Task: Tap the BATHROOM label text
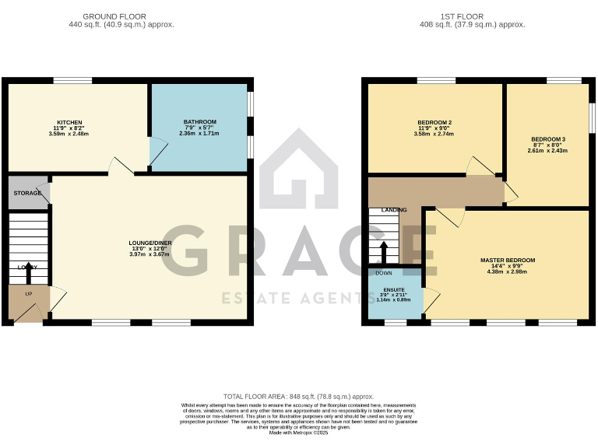pos(199,123)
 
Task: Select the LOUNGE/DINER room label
pos(150,243)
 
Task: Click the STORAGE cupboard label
pos(27,192)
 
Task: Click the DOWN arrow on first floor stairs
pos(383,253)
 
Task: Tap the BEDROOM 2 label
pos(435,123)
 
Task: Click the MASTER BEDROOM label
pos(507,260)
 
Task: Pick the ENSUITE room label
pos(394,289)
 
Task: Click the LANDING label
pos(393,210)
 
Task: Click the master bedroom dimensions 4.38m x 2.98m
pos(507,271)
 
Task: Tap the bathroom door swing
pos(158,152)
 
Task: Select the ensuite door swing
pos(431,299)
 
